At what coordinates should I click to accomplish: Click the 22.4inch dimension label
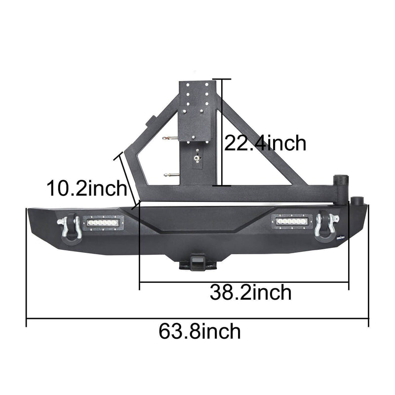(265, 143)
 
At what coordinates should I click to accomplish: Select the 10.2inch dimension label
(87, 189)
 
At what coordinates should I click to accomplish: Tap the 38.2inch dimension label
(250, 293)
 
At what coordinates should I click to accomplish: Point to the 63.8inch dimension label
(200, 331)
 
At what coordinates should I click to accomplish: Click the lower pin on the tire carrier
(170, 173)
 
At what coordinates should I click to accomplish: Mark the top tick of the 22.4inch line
(223, 79)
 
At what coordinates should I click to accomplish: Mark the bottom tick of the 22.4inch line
(223, 186)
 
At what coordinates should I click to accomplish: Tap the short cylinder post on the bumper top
(356, 201)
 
